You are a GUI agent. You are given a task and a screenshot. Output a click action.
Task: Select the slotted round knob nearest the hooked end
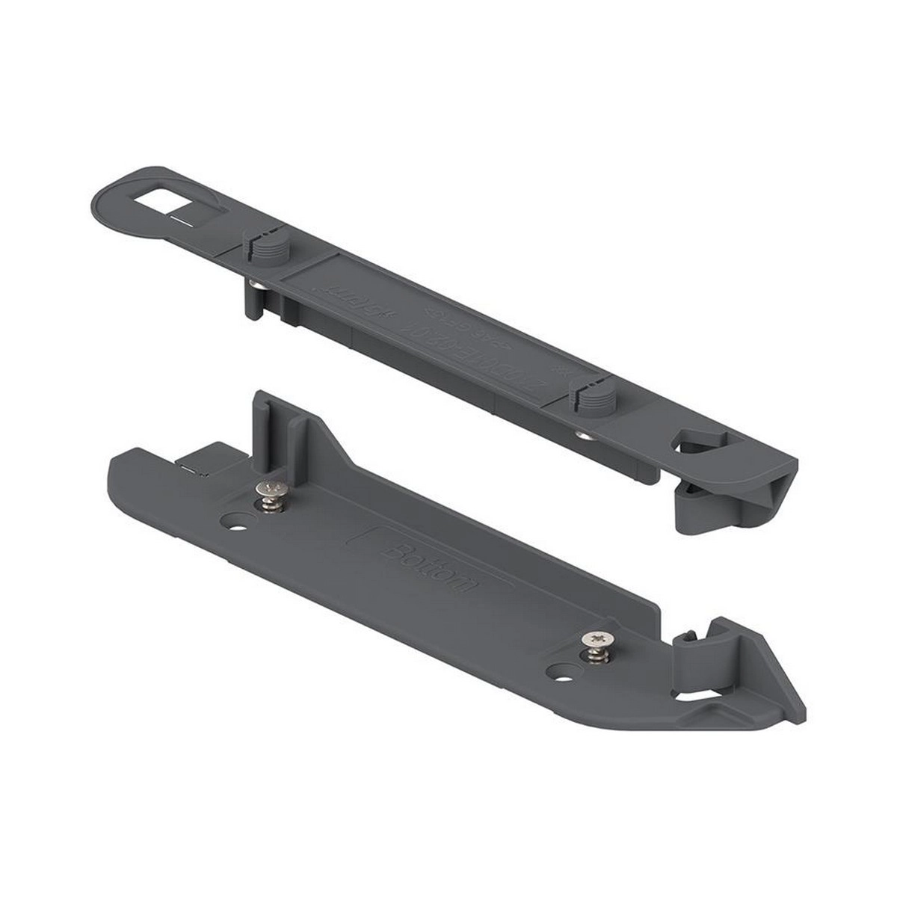[x=583, y=395]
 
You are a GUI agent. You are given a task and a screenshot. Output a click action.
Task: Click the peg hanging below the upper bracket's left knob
[x=253, y=299]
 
